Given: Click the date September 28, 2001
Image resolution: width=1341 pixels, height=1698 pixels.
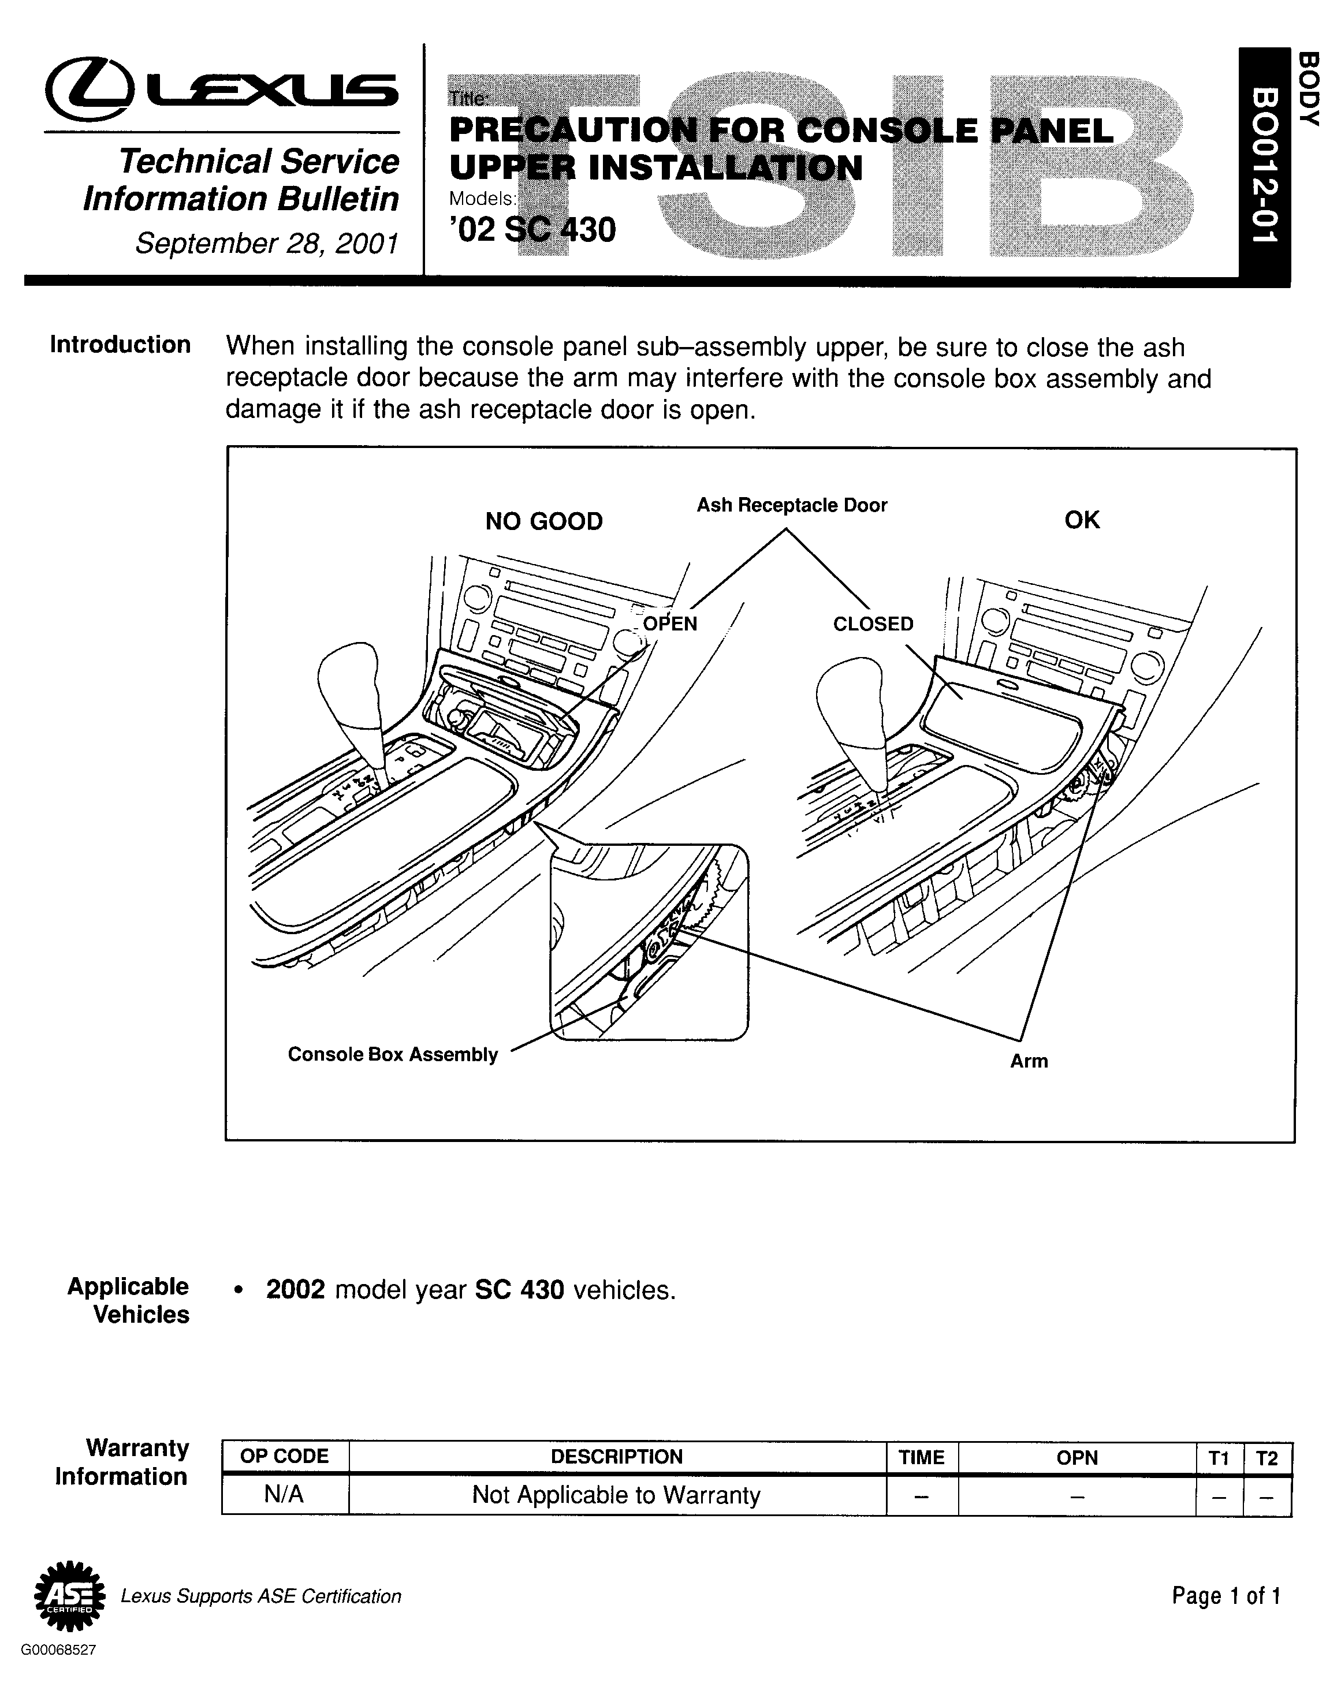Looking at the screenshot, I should (x=267, y=244).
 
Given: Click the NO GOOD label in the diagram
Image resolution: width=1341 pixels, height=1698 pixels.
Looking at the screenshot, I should (x=543, y=521).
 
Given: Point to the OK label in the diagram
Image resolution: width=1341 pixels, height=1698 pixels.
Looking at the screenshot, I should (x=1082, y=520).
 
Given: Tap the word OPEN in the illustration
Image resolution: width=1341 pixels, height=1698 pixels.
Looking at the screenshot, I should (x=670, y=624).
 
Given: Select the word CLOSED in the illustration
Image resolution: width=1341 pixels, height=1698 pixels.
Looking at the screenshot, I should (x=873, y=624).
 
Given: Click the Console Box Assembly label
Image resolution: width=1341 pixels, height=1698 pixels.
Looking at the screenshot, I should (x=393, y=1054).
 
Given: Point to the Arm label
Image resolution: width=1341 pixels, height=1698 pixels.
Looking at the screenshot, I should (x=1029, y=1061).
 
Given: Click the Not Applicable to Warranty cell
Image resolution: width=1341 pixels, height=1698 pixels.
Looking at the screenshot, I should (x=616, y=1495).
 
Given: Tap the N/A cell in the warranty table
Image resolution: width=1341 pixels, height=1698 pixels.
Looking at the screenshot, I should (x=284, y=1495).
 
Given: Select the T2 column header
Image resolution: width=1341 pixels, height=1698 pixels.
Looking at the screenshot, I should (x=1267, y=1458).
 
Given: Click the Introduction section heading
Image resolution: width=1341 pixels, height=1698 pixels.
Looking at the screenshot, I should (x=120, y=345).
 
